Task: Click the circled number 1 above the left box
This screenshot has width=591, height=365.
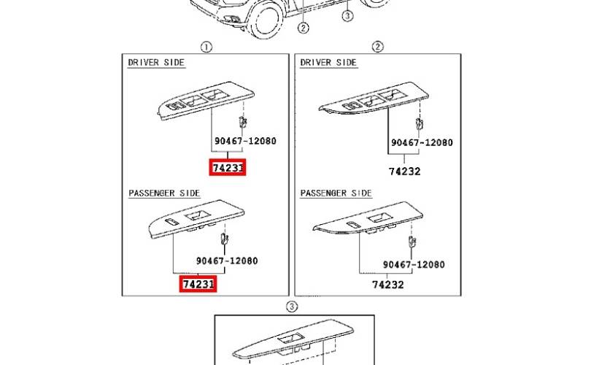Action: pyautogui.click(x=206, y=47)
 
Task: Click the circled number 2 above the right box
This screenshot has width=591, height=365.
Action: pyautogui.click(x=378, y=47)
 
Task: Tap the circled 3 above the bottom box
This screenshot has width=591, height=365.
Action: pyautogui.click(x=292, y=307)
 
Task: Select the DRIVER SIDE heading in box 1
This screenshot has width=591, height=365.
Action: pyautogui.click(x=156, y=63)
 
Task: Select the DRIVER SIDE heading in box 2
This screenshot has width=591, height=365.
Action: pyautogui.click(x=328, y=63)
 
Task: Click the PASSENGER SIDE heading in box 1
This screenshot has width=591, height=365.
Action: pyautogui.click(x=164, y=193)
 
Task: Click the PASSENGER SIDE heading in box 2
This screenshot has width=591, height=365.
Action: pyautogui.click(x=336, y=193)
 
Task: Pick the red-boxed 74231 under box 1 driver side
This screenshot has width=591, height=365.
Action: pyautogui.click(x=228, y=167)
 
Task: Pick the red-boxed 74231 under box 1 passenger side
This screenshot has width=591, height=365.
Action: pyautogui.click(x=198, y=283)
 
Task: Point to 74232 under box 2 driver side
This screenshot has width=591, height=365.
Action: pyautogui.click(x=405, y=172)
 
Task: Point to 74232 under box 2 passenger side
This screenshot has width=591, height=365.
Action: pyautogui.click(x=388, y=285)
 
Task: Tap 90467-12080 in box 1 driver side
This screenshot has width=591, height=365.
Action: pyautogui.click(x=245, y=141)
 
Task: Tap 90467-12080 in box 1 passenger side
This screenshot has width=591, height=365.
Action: pyautogui.click(x=227, y=261)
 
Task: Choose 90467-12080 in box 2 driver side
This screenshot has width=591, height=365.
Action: pyautogui.click(x=422, y=142)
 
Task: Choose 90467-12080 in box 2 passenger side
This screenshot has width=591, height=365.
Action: pyautogui.click(x=414, y=265)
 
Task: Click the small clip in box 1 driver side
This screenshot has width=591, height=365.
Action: pyautogui.click(x=243, y=122)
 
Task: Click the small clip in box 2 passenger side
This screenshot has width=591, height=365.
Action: pyautogui.click(x=412, y=241)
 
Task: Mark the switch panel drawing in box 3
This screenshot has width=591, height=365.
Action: pyautogui.click(x=293, y=339)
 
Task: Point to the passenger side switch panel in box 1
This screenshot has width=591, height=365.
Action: pyautogui.click(x=196, y=220)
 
